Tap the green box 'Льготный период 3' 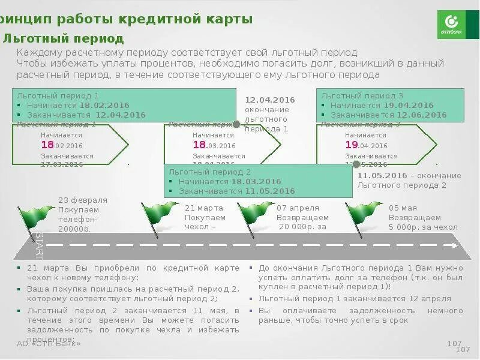tap(390, 105)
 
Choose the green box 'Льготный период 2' tap(258, 181)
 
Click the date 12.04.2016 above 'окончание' tap(270, 100)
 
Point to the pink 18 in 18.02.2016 tap(47, 145)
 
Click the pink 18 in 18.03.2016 tap(199, 145)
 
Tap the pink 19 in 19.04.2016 tap(352, 145)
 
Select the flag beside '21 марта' tap(159, 213)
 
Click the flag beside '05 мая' tap(363, 213)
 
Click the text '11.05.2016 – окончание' tap(409, 176)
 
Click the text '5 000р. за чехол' tap(423, 227)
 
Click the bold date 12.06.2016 tap(421, 115)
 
